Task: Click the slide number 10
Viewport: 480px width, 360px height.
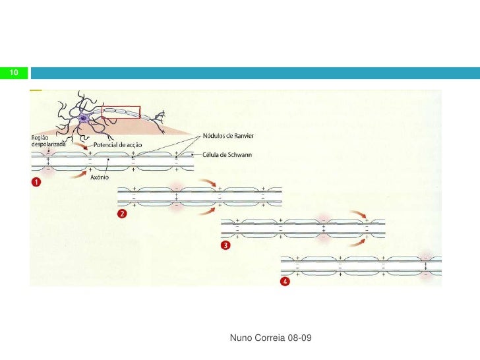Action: tap(13, 72)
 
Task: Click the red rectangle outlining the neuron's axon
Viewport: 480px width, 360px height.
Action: tap(121, 111)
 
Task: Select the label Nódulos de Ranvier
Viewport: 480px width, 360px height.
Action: tap(227, 136)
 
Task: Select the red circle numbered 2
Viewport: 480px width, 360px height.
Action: tap(121, 213)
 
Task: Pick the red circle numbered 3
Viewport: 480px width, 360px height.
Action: tap(226, 245)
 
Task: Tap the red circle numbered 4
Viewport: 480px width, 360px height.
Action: tap(285, 282)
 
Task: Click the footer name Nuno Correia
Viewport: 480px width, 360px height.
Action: tap(258, 338)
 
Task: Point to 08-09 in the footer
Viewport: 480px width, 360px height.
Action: tap(299, 338)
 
